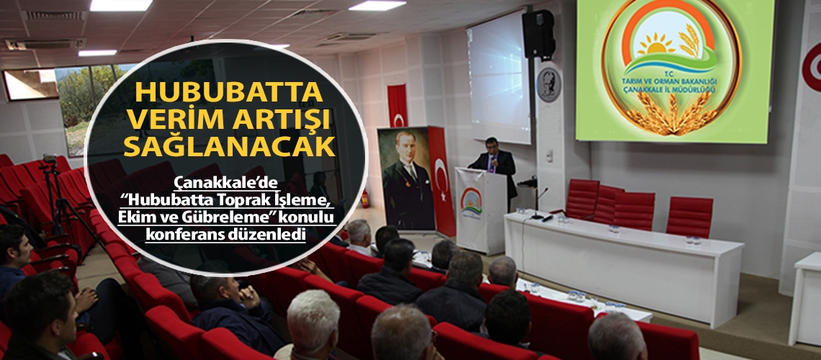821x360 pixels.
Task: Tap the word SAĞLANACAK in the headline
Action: pyautogui.click(x=229, y=146)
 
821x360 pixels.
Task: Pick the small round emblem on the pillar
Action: pyautogui.click(x=549, y=85)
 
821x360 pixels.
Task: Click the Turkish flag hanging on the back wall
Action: pyautogui.click(x=397, y=105)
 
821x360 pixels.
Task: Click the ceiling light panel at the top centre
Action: pyautogui.click(x=377, y=5)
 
